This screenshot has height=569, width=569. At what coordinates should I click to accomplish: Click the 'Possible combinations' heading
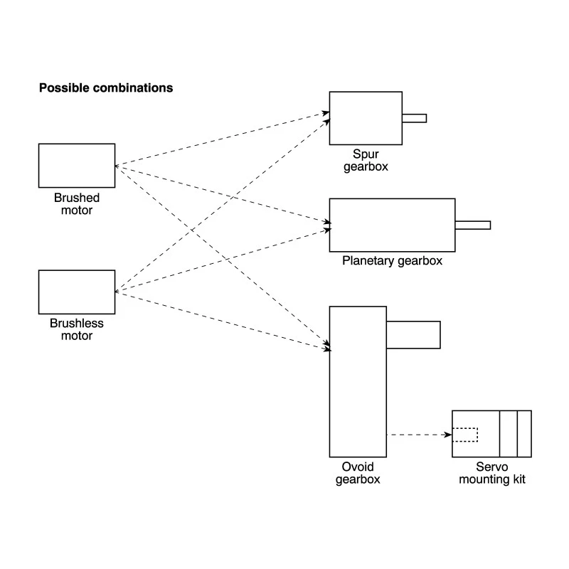(106, 88)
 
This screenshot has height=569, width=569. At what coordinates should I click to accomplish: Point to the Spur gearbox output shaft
(415, 118)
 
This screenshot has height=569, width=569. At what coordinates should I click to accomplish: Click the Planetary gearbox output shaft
(473, 225)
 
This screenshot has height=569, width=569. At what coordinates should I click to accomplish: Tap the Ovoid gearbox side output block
(414, 335)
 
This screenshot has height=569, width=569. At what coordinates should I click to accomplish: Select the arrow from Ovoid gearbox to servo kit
(419, 435)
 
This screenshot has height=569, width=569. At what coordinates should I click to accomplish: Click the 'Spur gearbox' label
(366, 161)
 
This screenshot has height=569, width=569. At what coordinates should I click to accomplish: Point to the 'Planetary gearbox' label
(393, 261)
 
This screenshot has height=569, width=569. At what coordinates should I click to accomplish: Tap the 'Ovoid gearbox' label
(358, 473)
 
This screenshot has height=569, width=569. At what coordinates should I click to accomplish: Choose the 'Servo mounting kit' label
(492, 473)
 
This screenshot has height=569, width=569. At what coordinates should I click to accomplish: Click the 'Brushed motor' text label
(77, 204)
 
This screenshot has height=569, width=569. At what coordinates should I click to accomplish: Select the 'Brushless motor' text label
(77, 329)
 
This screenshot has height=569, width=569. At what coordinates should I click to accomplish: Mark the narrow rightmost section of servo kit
(524, 434)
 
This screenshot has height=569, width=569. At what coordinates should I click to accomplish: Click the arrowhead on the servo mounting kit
(449, 435)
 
